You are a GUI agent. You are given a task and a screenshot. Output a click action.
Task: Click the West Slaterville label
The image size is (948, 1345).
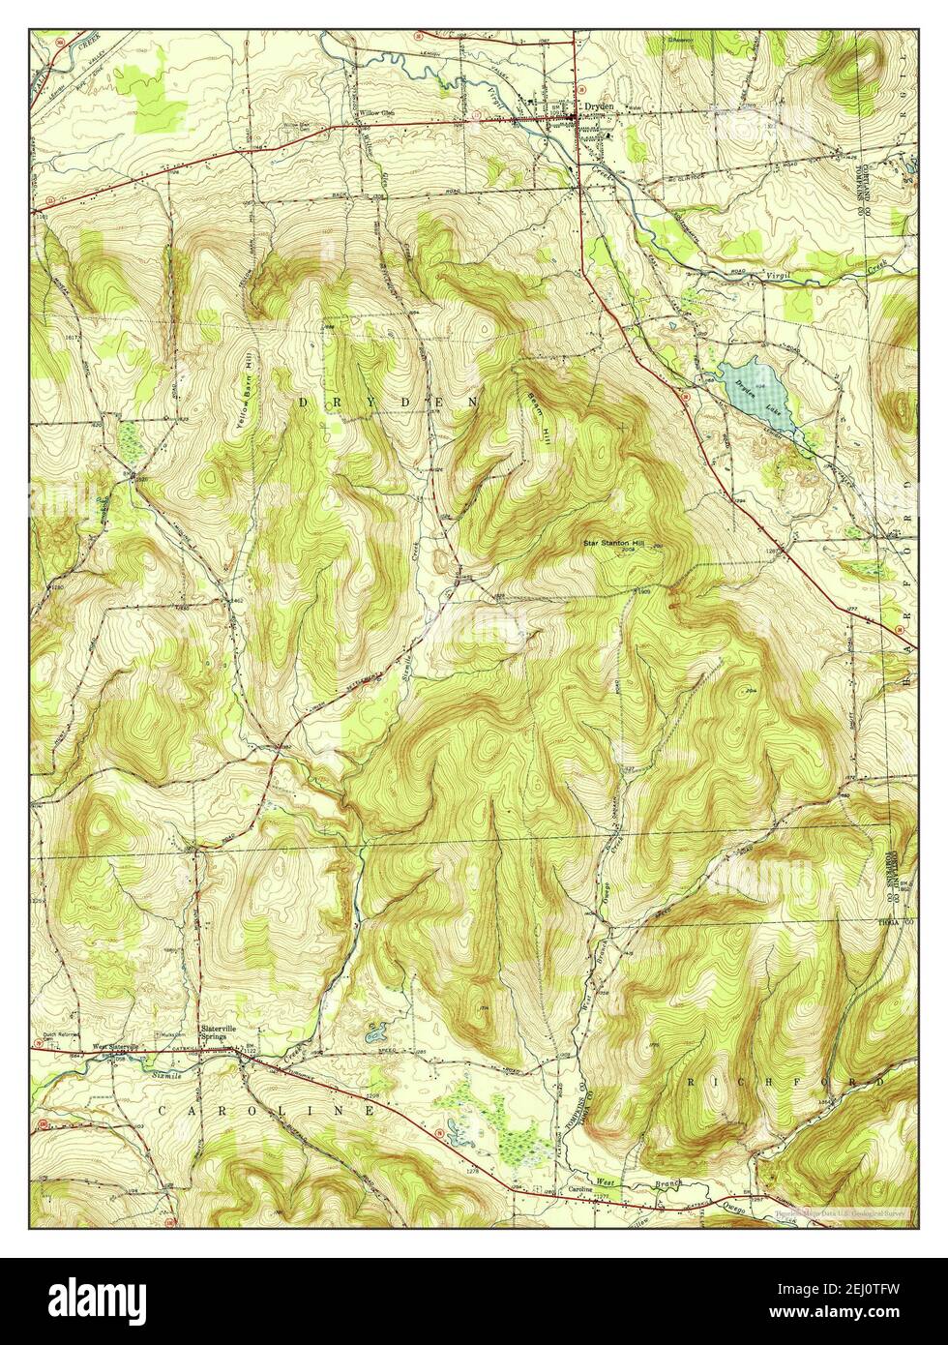(116, 1046)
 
